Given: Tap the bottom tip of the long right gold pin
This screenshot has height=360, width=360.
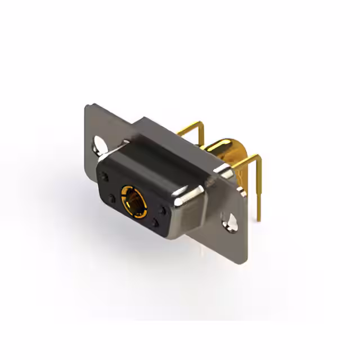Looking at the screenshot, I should [x=259, y=219].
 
